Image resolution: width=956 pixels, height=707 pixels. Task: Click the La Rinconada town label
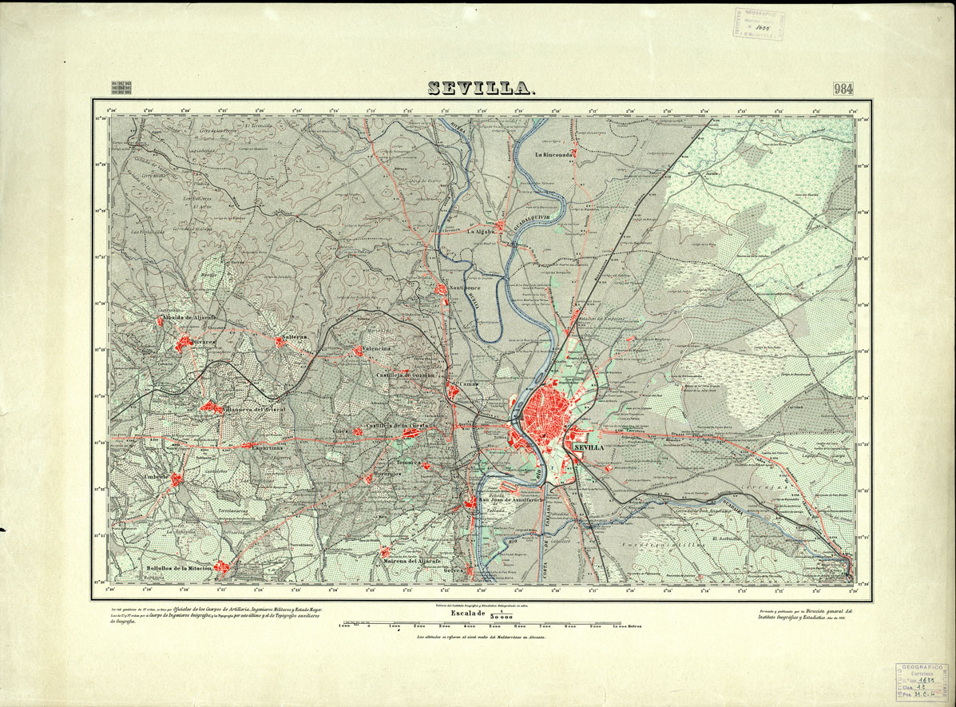coord(555,154)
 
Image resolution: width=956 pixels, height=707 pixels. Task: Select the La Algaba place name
coord(482,232)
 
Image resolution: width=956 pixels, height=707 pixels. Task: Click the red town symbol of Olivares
coord(184,344)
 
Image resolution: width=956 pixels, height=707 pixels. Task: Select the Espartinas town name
coord(270,449)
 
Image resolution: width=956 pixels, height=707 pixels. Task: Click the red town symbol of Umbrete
coord(177,479)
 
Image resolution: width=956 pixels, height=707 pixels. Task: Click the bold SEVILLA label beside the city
coord(589,448)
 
